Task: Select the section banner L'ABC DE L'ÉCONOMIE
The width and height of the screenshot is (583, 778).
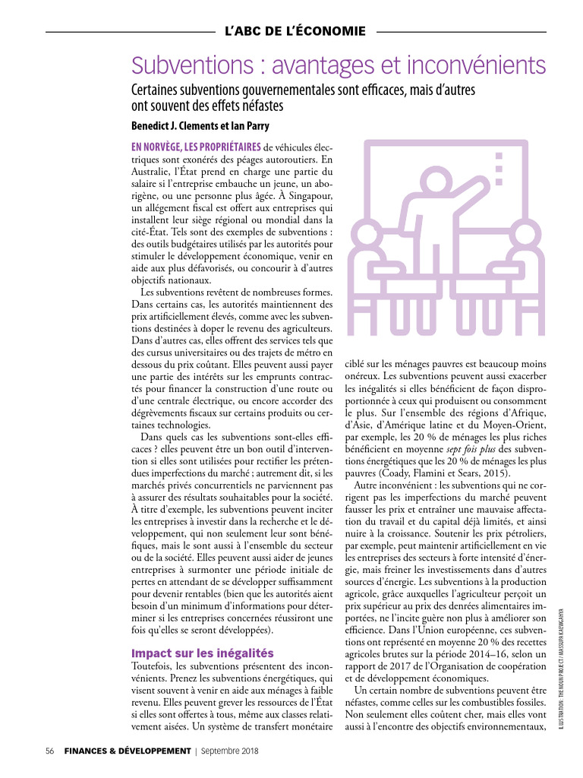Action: [x=295, y=32]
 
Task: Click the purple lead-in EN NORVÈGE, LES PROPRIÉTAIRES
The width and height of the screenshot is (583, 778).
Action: [x=196, y=147]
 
